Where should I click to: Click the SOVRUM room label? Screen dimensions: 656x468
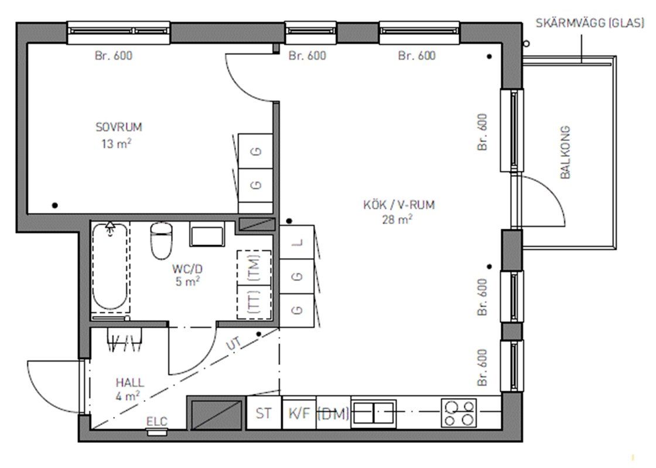(119, 127)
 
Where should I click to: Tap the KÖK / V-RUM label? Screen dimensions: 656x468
(399, 205)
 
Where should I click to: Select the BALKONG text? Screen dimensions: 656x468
(565, 152)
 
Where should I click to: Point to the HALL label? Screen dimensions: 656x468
(129, 383)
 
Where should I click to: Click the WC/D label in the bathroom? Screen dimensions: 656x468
(187, 269)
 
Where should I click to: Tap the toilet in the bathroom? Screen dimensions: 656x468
(161, 240)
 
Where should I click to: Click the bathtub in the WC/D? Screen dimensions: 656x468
(110, 267)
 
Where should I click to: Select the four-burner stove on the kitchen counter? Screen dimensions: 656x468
(459, 413)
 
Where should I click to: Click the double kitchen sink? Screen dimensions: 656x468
(374, 413)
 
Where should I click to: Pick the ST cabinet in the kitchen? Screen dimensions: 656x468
(264, 413)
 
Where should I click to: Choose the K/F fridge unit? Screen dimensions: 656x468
(299, 413)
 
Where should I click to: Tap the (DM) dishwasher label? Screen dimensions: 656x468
(333, 414)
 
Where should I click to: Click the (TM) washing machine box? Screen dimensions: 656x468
(254, 267)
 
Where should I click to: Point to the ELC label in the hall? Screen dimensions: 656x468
(157, 422)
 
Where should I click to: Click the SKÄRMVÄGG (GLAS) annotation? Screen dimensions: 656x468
(590, 23)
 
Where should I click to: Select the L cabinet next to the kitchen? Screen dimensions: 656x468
(296, 242)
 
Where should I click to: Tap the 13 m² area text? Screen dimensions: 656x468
(117, 143)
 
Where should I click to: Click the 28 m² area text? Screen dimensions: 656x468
(398, 219)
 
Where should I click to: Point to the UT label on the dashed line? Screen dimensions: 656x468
(234, 344)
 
